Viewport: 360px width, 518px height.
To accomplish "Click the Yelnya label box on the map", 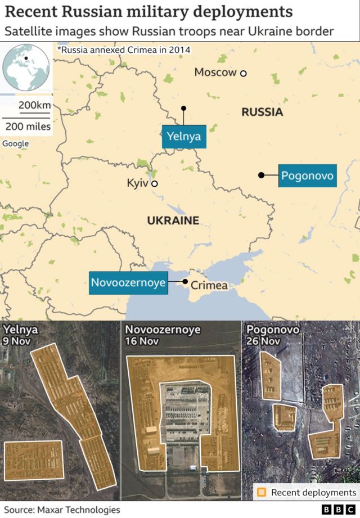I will tap(183, 136).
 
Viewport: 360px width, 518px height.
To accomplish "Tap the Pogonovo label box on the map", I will tap(308, 175).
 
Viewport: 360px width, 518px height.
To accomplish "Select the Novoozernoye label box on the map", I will tap(129, 282).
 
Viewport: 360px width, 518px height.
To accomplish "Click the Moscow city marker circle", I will tap(244, 73).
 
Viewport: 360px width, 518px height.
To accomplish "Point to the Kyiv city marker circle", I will tap(154, 183).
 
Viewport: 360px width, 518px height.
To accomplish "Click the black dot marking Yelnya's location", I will tap(183, 107).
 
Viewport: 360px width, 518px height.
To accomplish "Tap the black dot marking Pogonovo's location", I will tap(261, 175).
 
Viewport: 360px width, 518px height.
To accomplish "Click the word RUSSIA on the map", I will tap(262, 112).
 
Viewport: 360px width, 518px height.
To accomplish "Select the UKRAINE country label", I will tap(173, 220).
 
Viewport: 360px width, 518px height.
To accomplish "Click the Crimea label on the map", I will tap(209, 286).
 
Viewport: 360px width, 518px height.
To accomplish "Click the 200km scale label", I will tap(34, 105).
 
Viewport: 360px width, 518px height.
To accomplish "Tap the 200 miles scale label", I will tap(28, 127).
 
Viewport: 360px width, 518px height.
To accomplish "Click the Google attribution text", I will tap(15, 143).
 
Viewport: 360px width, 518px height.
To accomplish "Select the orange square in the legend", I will tap(262, 493).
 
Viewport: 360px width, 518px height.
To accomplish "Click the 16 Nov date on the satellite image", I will tap(142, 341).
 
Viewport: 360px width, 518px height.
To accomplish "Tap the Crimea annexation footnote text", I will tap(124, 50).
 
